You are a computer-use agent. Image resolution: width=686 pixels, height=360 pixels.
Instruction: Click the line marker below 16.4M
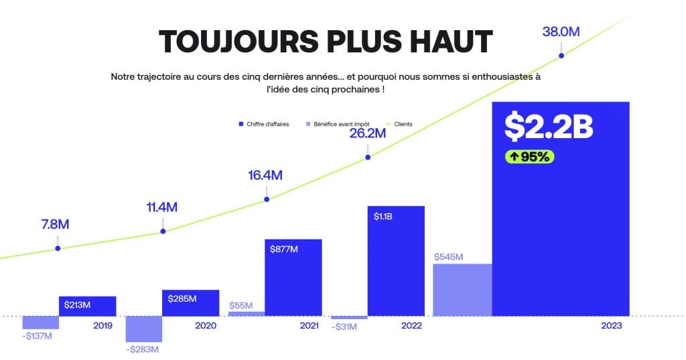tap(267, 199)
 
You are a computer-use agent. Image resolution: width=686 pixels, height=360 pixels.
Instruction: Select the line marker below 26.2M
tap(367, 158)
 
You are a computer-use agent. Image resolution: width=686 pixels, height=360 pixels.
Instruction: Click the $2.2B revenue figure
tap(549, 126)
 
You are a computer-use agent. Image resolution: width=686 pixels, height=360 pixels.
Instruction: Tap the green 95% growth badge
tap(529, 157)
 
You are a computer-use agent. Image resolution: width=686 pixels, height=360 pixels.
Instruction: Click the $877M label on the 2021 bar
tap(284, 249)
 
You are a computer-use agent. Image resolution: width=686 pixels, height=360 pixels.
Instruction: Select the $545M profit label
tap(449, 257)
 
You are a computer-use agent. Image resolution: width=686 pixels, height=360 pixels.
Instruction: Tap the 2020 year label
tap(205, 325)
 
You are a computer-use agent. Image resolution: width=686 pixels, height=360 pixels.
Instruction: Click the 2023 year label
tap(612, 325)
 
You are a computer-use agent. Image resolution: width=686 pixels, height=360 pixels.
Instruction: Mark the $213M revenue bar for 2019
tap(88, 306)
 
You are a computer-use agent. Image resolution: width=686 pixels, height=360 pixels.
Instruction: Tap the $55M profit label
tap(241, 306)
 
